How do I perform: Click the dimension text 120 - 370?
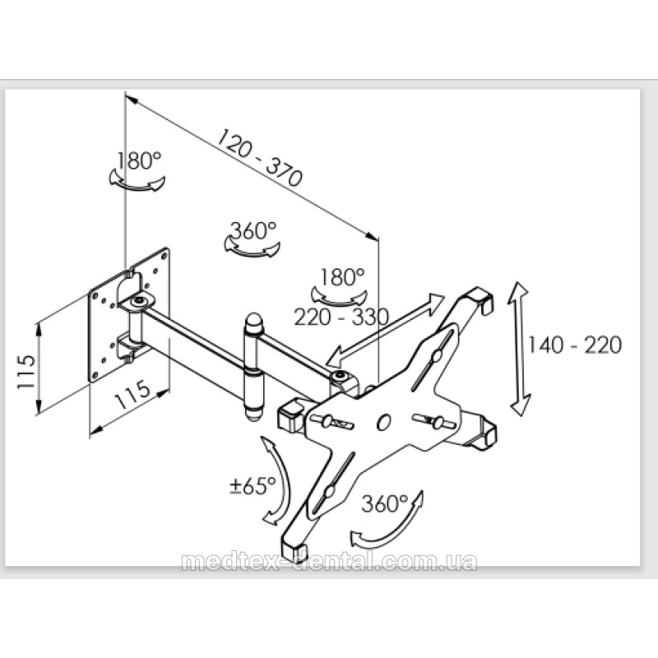click(x=259, y=157)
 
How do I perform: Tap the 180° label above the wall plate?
click(x=138, y=160)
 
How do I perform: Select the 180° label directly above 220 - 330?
click(x=342, y=277)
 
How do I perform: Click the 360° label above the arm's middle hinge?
click(x=253, y=230)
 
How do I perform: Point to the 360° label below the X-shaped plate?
click(x=385, y=503)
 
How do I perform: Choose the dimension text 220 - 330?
click(x=341, y=317)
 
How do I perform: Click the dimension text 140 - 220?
click(x=574, y=345)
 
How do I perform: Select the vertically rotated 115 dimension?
click(x=26, y=372)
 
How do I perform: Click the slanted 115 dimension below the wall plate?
click(x=132, y=395)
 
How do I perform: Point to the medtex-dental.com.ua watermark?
click(x=330, y=562)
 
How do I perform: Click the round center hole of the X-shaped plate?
click(x=383, y=422)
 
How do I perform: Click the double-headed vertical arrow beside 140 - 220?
click(x=521, y=349)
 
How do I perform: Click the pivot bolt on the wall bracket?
click(x=138, y=302)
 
